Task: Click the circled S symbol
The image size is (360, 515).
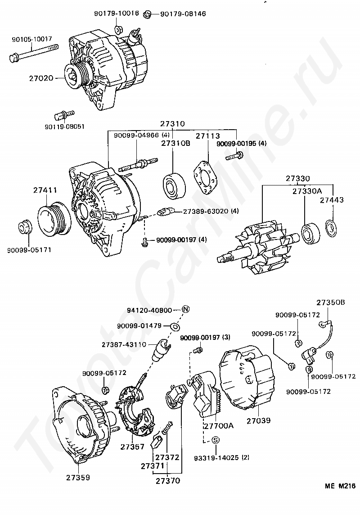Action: point(215,440)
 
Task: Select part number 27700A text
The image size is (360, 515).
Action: point(218,425)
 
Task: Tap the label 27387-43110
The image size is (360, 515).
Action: point(124,344)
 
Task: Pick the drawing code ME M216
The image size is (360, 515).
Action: point(341,486)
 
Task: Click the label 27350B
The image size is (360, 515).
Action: point(330,302)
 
